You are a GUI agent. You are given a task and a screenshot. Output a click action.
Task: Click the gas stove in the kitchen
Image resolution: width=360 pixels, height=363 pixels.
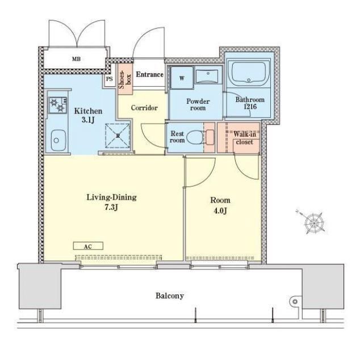(58, 105)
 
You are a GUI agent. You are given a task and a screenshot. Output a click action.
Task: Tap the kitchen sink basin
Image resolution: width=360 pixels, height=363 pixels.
(58, 140)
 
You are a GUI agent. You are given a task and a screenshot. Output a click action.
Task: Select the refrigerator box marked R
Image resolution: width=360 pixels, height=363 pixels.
(118, 136)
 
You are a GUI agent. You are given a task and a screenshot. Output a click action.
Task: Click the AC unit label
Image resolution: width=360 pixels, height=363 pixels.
(88, 246)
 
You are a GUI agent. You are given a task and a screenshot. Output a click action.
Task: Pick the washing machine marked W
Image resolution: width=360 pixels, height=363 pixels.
(182, 78)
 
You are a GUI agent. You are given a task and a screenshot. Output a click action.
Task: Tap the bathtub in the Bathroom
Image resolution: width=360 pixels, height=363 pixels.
(249, 73)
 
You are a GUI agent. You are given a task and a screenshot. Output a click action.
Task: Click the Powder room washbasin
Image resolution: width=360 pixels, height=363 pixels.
(207, 76)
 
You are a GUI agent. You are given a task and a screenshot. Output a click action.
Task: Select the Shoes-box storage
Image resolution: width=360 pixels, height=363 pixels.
(125, 79)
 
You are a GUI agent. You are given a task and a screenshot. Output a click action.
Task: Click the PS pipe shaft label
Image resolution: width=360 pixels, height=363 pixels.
(110, 79)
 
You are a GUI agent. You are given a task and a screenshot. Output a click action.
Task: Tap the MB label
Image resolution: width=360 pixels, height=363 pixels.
(76, 59)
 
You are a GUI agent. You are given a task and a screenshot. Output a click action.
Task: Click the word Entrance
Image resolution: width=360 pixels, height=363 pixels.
(149, 74)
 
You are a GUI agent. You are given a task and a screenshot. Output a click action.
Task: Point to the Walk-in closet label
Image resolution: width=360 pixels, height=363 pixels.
(245, 138)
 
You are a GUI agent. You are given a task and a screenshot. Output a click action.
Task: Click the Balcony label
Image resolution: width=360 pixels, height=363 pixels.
(170, 296)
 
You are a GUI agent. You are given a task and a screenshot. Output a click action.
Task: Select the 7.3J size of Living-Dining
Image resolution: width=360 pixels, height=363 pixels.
(111, 207)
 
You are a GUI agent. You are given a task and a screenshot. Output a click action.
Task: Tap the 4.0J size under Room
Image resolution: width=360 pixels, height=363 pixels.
(220, 210)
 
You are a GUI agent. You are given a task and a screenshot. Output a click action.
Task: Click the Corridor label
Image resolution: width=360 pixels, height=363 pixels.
(144, 108)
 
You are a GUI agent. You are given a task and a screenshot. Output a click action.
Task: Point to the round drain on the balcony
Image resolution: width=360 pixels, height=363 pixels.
(295, 301)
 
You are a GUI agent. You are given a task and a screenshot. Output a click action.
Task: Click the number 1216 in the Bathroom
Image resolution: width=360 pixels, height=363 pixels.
(250, 107)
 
